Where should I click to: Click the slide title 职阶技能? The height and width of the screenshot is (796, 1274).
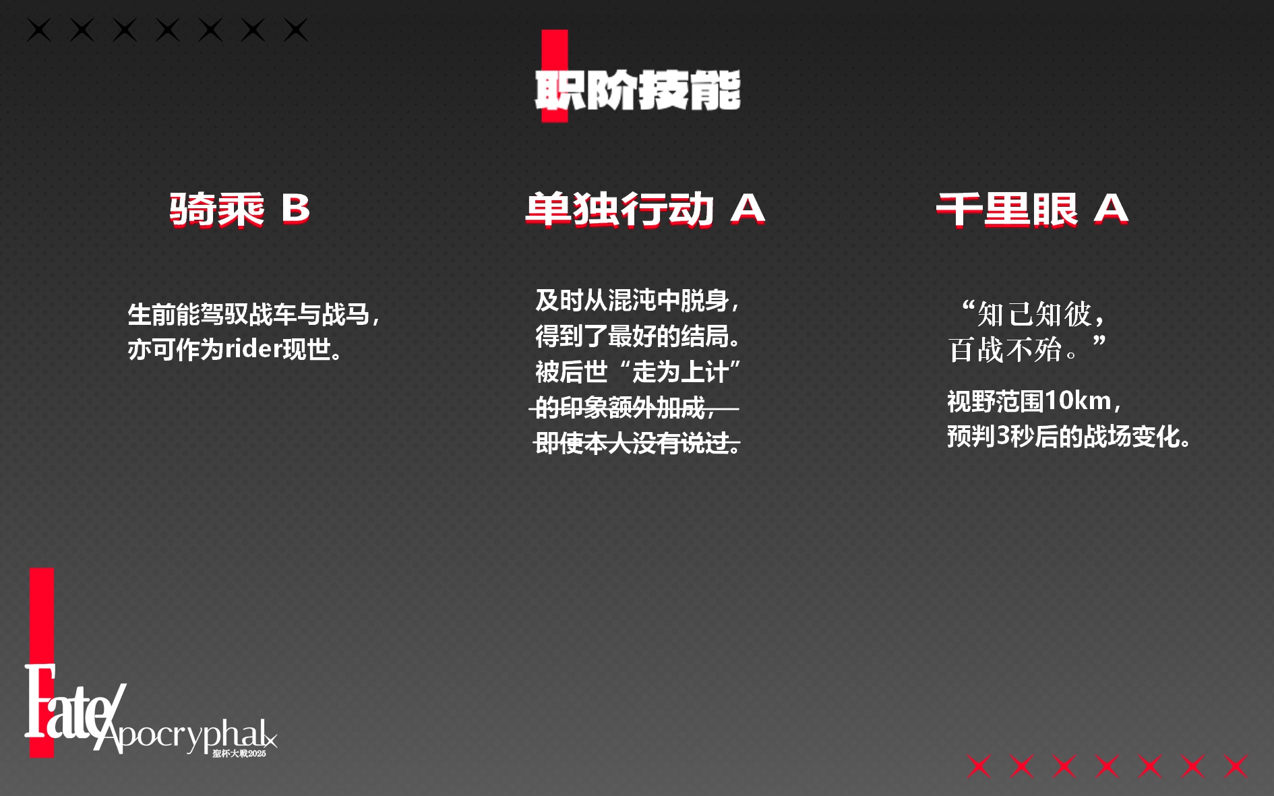(638, 90)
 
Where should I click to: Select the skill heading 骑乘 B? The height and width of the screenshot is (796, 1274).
(239, 210)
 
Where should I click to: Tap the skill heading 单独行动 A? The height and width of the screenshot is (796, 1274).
(645, 210)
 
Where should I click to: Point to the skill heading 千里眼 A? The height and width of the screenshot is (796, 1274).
(1032, 210)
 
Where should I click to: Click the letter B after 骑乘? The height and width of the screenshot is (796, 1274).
(295, 209)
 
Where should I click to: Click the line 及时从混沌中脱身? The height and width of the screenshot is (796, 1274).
(632, 300)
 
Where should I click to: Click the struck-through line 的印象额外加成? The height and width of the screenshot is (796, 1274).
(620, 407)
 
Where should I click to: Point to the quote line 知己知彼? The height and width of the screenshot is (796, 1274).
(1034, 314)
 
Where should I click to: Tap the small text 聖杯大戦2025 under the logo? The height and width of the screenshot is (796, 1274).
(239, 754)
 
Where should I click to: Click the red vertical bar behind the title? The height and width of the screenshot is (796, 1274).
(555, 75)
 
